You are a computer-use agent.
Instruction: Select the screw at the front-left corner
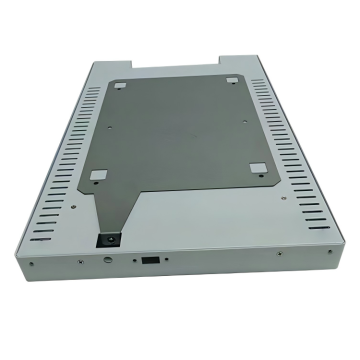(x=32, y=265)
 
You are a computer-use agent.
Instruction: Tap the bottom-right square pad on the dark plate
(x=256, y=168)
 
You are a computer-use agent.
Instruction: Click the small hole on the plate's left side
(x=103, y=130)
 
